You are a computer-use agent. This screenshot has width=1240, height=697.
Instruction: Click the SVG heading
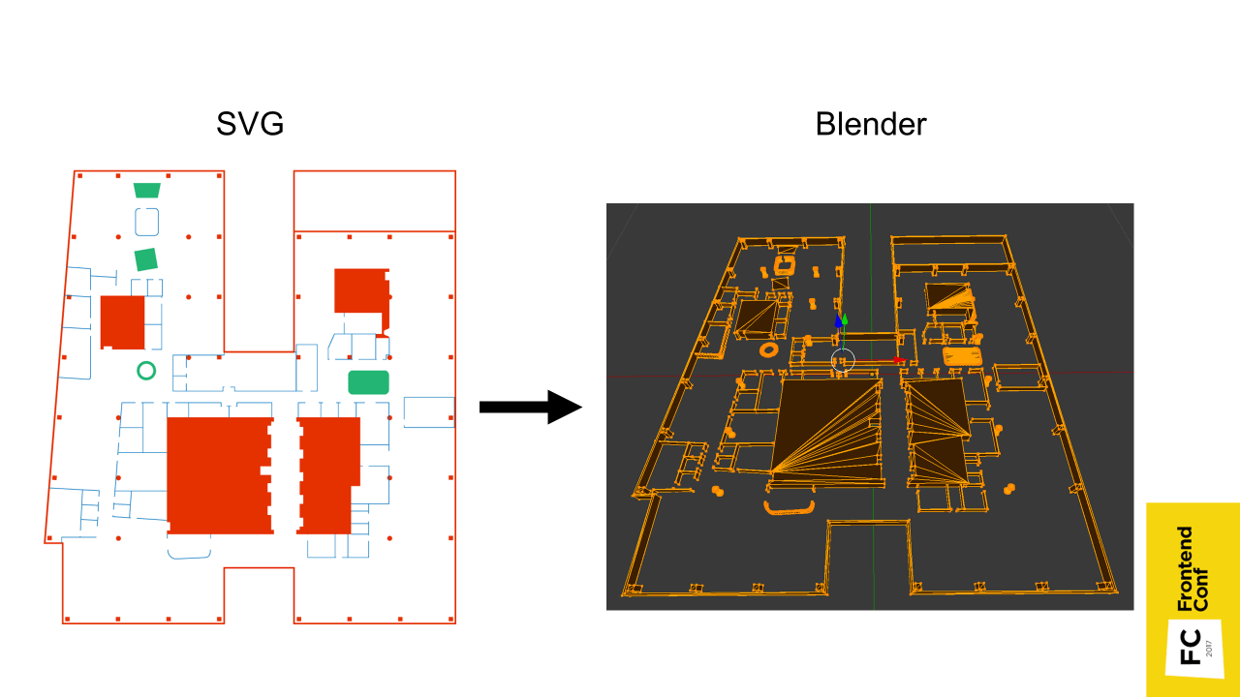[x=250, y=124]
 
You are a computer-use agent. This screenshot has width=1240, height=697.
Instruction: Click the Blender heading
[x=870, y=124]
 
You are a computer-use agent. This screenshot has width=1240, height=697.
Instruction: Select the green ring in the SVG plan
[x=146, y=370]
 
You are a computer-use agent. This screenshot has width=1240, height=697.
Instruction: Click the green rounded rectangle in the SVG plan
[x=368, y=381]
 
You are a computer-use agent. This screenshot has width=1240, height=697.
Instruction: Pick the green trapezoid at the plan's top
[x=146, y=190]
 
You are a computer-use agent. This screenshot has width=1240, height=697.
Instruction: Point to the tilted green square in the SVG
[x=145, y=259]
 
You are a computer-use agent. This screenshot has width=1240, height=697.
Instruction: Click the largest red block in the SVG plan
[x=218, y=475]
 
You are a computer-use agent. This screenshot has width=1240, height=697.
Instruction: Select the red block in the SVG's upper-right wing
[x=360, y=291]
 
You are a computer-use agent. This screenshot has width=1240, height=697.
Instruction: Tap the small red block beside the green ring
[x=122, y=322]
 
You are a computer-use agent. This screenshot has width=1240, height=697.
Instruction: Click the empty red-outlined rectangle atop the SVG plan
[x=374, y=200]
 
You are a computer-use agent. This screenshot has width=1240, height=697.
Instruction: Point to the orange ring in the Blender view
[x=770, y=348]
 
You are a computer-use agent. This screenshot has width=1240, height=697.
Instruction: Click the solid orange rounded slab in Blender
[x=962, y=356]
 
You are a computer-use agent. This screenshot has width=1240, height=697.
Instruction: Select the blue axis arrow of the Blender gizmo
[x=838, y=320]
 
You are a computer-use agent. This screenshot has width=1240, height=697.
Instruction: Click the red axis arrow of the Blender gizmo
[x=898, y=360]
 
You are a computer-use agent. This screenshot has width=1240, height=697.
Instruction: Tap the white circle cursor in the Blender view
[x=843, y=360]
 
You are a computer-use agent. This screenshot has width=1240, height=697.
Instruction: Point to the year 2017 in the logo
[x=1209, y=648]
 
